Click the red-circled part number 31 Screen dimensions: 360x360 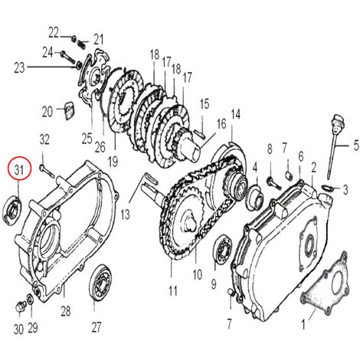[19, 169]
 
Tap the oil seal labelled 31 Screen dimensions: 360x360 [12, 211]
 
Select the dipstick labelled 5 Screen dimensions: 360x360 [335, 146]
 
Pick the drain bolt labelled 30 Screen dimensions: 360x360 [20, 306]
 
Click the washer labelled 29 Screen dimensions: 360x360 [30, 299]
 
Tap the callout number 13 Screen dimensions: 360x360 [125, 214]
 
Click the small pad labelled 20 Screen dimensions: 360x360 [68, 110]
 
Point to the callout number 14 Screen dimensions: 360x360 [235, 114]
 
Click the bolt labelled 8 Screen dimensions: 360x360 [274, 184]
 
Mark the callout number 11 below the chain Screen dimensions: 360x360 [173, 291]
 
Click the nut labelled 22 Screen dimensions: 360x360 [74, 39]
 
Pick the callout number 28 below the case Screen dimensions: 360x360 [65, 311]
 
